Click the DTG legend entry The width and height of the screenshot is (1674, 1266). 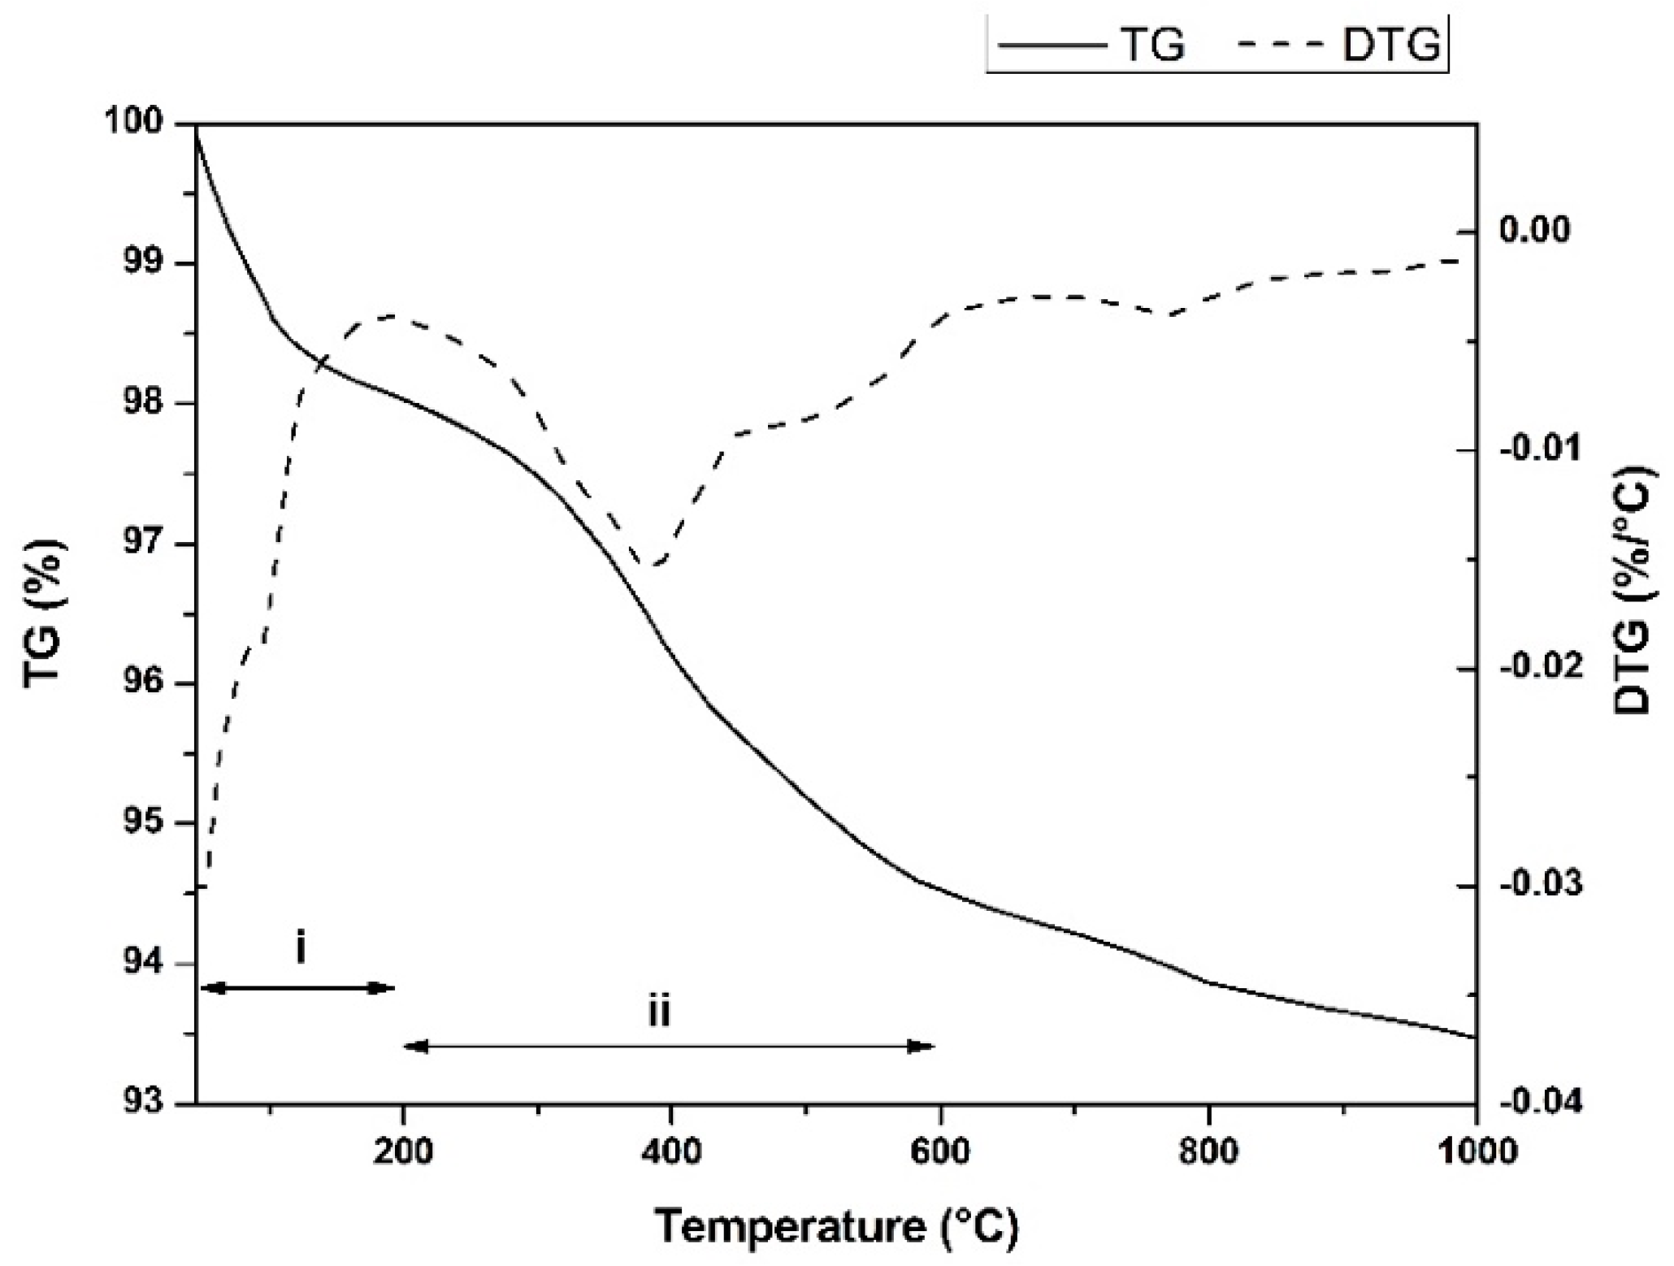(1341, 45)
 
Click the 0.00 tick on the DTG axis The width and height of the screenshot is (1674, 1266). (1535, 231)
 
